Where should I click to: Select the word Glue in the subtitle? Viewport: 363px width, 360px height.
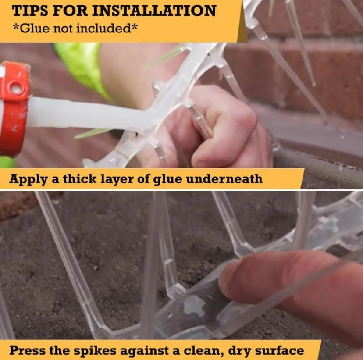[35, 28]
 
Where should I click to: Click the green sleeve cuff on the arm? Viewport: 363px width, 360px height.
[81, 67]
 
